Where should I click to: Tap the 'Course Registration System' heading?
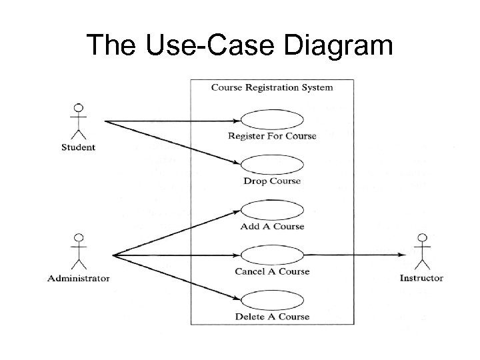272,87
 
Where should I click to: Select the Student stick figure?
79,122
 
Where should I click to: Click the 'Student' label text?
79,147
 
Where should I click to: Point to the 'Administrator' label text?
79,278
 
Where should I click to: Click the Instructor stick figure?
421,253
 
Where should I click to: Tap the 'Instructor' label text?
421,278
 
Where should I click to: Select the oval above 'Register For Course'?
272,121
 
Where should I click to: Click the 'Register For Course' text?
272,136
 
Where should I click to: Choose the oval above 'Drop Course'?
272,166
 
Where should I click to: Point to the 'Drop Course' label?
272,181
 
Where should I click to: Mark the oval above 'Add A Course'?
272,211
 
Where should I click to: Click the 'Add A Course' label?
272,226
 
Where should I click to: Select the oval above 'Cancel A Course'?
272,255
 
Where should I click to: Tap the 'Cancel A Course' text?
272,271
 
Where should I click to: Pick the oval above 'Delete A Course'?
272,301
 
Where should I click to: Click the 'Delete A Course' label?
272,317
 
